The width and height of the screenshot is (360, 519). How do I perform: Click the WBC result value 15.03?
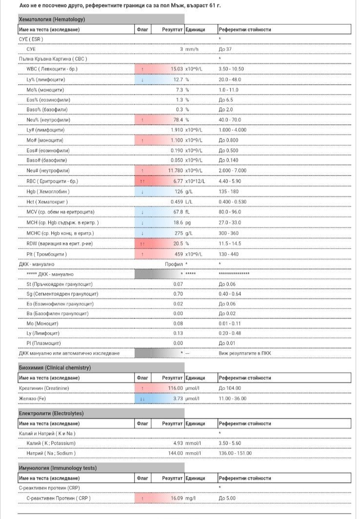coord(176,69)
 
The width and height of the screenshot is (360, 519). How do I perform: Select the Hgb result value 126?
coord(178,192)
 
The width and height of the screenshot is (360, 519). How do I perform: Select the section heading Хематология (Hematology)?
coord(51,20)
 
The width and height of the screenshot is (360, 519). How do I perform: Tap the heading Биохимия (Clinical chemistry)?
coord(55,367)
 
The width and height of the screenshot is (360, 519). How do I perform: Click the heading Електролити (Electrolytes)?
coord(51,413)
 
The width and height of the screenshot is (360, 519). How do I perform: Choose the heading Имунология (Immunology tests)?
coord(57,468)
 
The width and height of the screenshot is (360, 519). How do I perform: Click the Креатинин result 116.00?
coord(175,388)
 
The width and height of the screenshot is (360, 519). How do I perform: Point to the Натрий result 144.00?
coord(175,453)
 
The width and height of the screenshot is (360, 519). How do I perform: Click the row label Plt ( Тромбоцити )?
coord(47,253)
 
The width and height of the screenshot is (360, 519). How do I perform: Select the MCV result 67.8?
coord(177,212)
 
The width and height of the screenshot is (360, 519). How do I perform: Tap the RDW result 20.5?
coord(177,243)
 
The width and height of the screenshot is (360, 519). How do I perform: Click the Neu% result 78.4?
coord(177,120)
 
